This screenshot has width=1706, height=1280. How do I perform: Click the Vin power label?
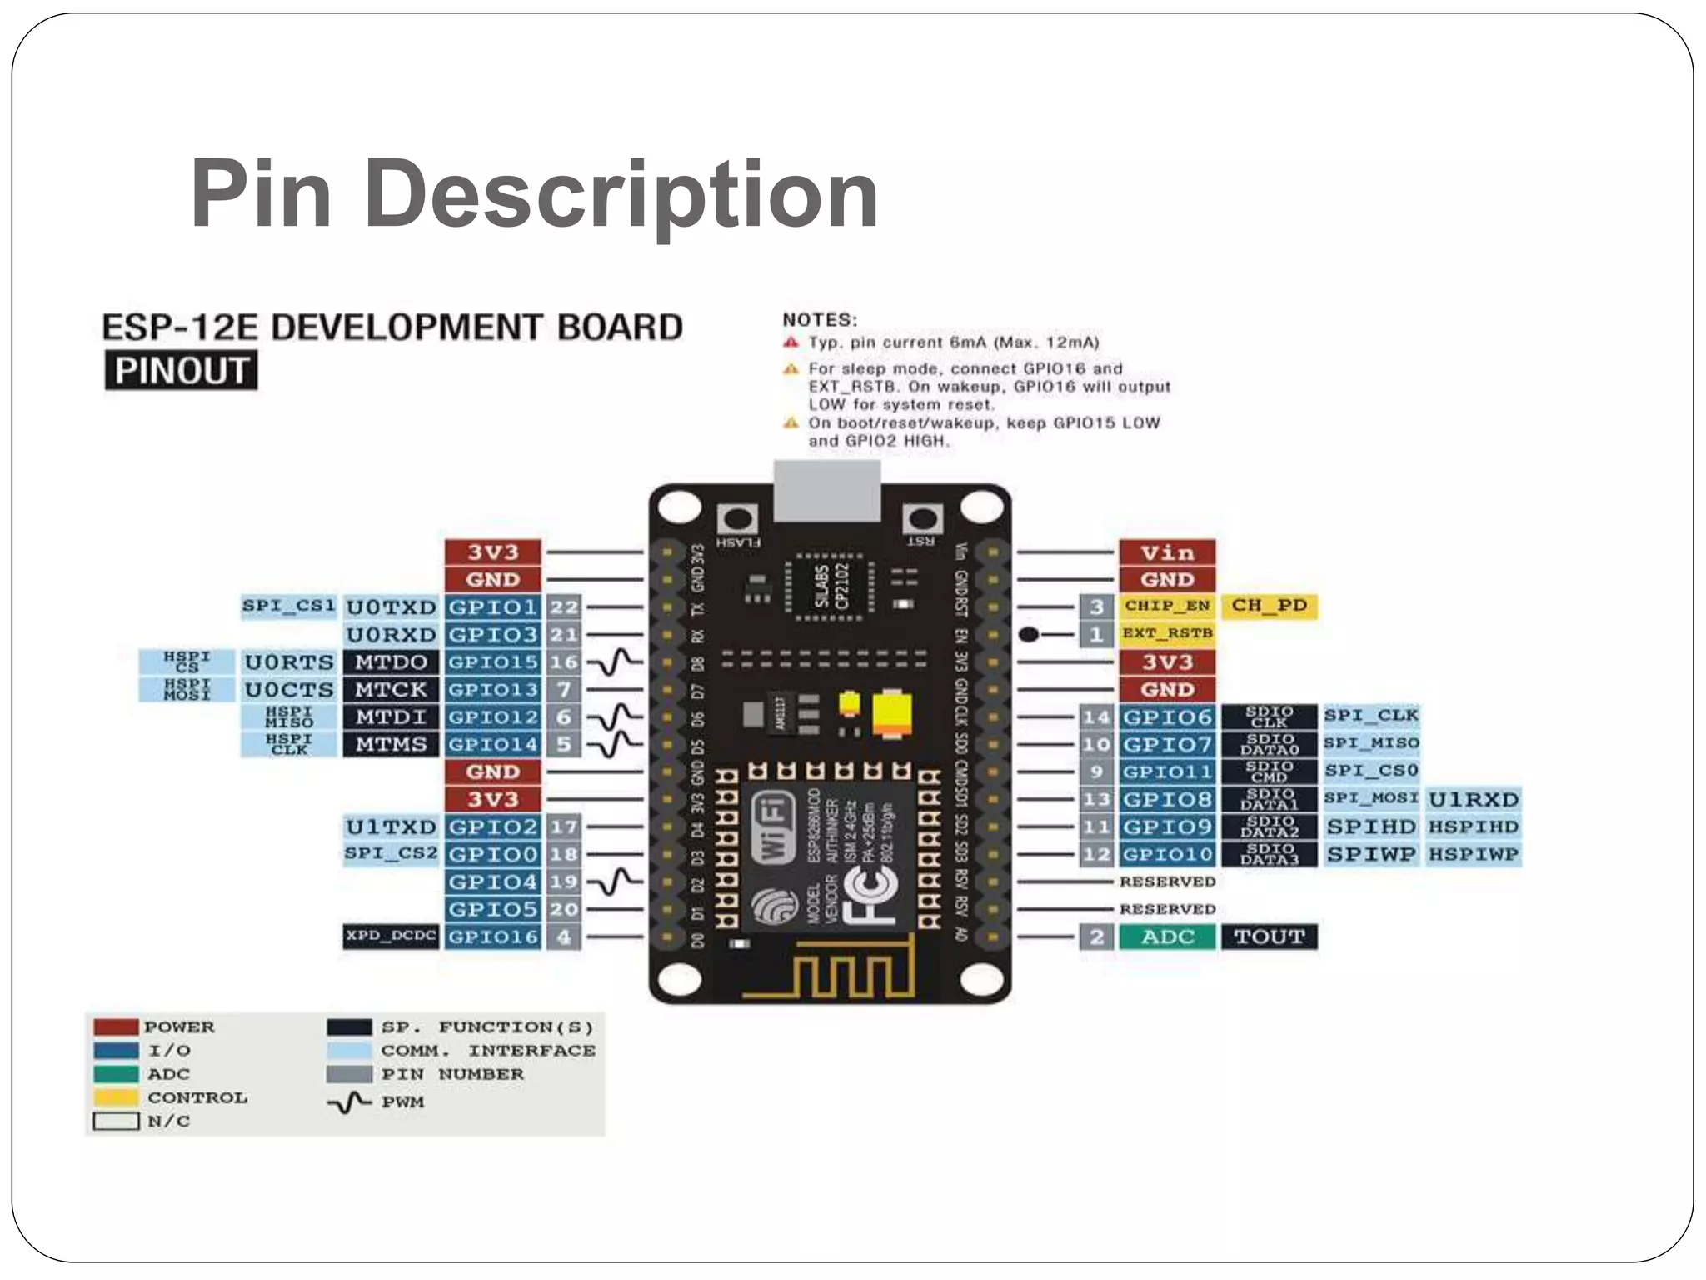[x=1166, y=552]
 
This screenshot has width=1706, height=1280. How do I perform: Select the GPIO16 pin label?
[x=492, y=937]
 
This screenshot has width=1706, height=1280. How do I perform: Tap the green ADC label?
[x=1166, y=937]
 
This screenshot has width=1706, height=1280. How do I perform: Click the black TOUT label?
[x=1269, y=937]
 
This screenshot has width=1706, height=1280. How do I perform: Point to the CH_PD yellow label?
[x=1269, y=606]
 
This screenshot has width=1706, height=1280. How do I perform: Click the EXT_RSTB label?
[x=1166, y=633]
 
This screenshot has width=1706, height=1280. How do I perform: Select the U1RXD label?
[x=1473, y=799]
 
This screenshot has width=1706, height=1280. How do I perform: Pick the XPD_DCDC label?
[x=391, y=936]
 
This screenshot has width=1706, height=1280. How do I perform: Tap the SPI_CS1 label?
[x=288, y=606]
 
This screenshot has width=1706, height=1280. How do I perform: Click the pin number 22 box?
[x=564, y=607]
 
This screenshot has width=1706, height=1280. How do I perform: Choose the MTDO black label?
[x=391, y=662]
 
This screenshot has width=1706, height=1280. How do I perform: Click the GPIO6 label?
[x=1166, y=717]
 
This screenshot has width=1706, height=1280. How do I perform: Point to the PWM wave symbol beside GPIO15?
[x=616, y=662]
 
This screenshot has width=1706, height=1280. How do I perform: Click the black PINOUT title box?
[x=181, y=370]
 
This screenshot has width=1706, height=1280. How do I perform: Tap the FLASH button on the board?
[x=736, y=520]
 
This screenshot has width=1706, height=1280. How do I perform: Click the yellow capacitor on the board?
[x=891, y=714]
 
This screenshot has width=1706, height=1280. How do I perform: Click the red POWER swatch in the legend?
[x=116, y=1027]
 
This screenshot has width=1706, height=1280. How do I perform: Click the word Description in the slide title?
[x=621, y=195]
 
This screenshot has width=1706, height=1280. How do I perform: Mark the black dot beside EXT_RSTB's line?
[x=1029, y=634]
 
